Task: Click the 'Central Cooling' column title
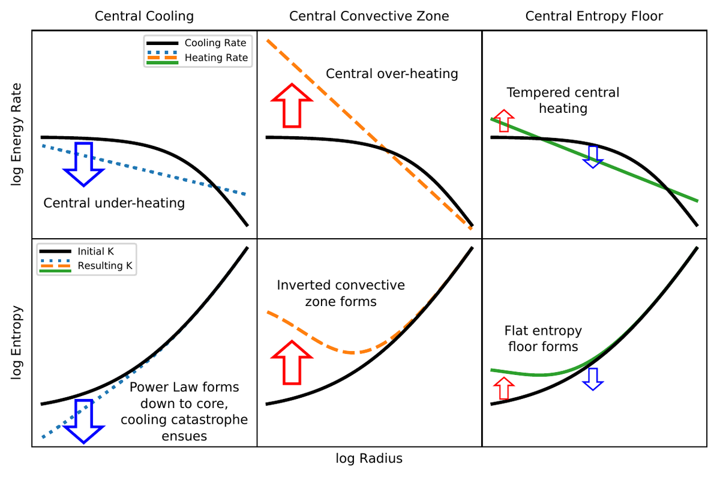pos(145,16)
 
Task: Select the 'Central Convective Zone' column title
pos(369,16)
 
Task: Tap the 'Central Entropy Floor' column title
pos(594,16)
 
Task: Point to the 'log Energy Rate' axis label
pos(16,134)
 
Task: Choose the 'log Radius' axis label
pos(369,459)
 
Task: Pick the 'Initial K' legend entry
pos(96,251)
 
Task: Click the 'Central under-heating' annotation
pos(114,203)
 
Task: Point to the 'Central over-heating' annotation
pos(392,74)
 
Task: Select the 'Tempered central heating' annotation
pos(563,100)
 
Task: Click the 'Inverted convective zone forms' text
pos(341,293)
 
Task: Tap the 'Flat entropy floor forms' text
pos(543,338)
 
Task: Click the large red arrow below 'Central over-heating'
pos(292,106)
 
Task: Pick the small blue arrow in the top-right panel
pos(593,156)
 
